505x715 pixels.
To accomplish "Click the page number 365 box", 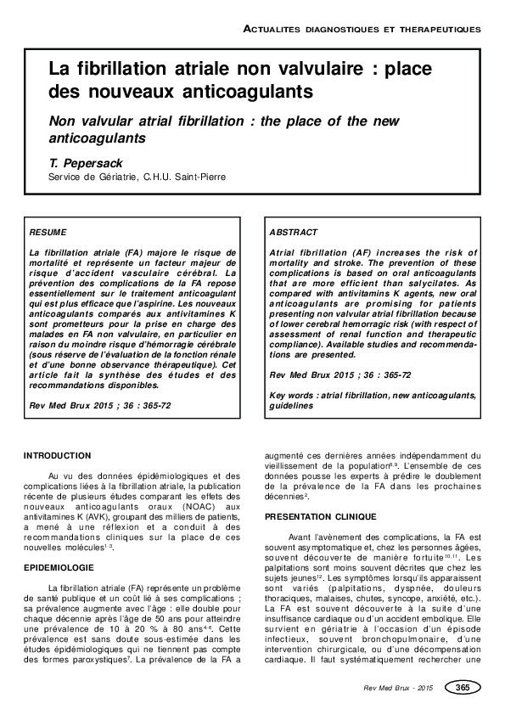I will point(463,687).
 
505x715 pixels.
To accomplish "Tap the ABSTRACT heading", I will point(294,232).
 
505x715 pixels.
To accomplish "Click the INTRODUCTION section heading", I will point(57,455).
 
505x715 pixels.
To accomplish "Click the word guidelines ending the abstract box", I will point(290,405).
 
